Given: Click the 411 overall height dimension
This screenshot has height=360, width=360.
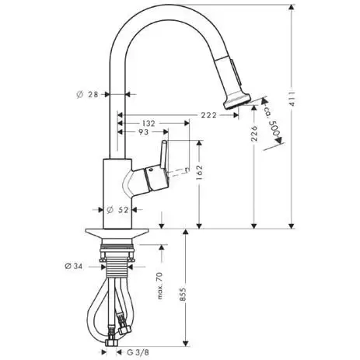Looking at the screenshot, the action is [292, 99].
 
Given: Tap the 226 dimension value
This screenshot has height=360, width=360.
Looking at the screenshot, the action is [255, 133].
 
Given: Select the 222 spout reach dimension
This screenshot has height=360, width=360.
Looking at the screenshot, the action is [209, 115].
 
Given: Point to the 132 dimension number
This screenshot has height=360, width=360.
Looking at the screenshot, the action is [149, 124].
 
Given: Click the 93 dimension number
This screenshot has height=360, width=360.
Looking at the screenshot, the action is [143, 132].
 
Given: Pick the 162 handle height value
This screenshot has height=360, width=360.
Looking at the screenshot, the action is [200, 173].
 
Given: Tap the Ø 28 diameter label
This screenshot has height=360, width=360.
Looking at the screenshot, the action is [87, 95].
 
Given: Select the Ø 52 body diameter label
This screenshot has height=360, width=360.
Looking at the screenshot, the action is [117, 210].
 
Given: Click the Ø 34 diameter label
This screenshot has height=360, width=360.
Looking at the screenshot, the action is [74, 266].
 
